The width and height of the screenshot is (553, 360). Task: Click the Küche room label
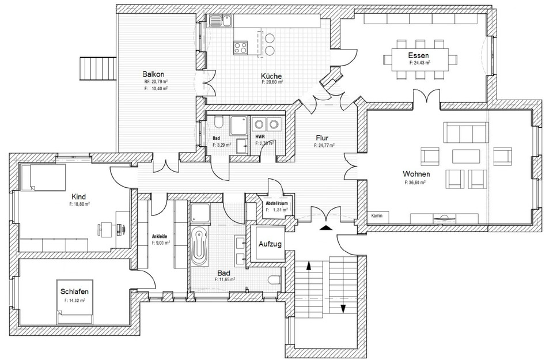[x=271, y=75]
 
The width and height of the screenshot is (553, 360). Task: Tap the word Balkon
[x=154, y=74]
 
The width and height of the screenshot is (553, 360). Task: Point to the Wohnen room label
[x=416, y=173]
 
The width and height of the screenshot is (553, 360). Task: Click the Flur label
[x=322, y=138]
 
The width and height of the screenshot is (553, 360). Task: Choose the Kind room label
[x=78, y=196]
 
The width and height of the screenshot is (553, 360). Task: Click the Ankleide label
[x=160, y=236]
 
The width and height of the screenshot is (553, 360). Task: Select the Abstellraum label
[x=276, y=204]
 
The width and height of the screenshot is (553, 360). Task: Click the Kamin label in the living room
[x=377, y=215]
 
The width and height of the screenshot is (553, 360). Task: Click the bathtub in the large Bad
[x=199, y=247]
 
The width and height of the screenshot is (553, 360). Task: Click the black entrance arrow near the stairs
[x=326, y=228]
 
